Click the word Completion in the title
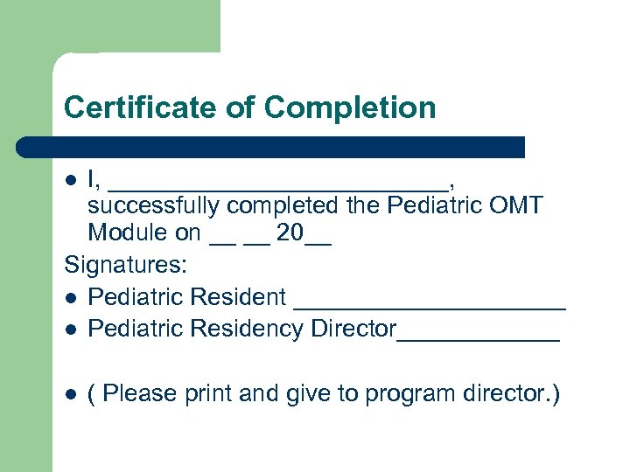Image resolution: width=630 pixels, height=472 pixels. pos(349,108)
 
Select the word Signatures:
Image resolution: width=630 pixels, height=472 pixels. pos(120,265)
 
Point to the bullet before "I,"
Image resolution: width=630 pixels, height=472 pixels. pos(73,180)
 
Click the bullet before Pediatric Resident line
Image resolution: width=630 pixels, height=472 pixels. pos(73,298)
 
